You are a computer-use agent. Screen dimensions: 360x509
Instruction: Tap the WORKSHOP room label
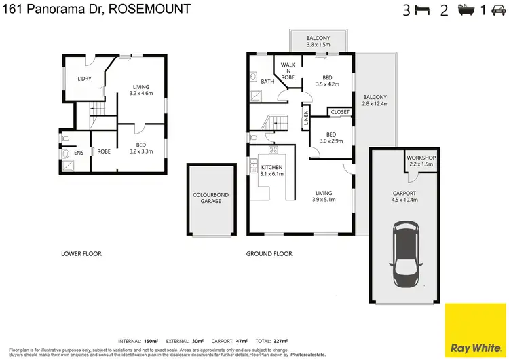[x=421, y=161]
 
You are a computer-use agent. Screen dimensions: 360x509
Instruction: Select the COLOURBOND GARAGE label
[x=210, y=198]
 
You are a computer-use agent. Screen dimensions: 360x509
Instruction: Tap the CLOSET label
[x=340, y=112]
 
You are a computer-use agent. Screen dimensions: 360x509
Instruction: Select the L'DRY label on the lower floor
[x=84, y=79]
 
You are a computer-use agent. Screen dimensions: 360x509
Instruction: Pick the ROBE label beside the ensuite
[x=104, y=151]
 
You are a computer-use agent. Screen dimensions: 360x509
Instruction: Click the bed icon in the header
[x=423, y=10]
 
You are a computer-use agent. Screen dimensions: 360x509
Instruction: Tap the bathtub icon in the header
[x=466, y=10]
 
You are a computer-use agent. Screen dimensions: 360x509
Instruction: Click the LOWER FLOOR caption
[x=81, y=254]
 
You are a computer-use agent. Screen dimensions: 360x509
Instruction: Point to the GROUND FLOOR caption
[x=269, y=254]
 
